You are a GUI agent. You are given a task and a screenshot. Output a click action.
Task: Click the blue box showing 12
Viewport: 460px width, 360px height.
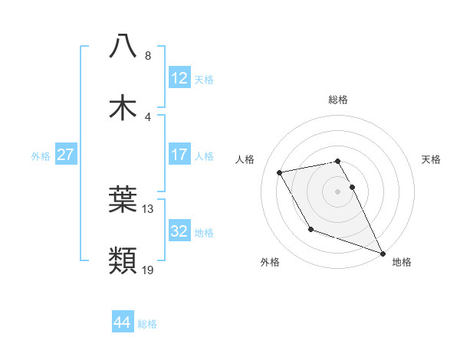click(x=179, y=77)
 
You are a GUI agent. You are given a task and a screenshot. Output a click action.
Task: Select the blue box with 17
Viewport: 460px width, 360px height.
click(x=179, y=154)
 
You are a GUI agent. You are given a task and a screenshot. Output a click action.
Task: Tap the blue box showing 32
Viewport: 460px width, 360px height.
click(x=179, y=231)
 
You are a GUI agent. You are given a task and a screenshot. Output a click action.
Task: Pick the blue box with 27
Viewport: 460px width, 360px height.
click(x=65, y=155)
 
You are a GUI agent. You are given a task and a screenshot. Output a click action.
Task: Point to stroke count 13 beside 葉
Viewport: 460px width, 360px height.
click(x=148, y=208)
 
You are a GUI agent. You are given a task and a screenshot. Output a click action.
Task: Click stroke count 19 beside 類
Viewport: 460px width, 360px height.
click(x=148, y=270)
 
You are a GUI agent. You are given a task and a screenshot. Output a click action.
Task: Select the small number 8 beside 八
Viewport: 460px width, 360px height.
click(x=148, y=55)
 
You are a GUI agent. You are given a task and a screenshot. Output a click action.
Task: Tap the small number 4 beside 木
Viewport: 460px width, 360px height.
click(x=148, y=116)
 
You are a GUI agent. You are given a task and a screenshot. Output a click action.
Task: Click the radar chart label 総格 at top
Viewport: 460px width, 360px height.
click(x=338, y=100)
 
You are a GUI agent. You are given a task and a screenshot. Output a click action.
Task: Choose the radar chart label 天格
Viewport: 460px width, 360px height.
click(x=432, y=159)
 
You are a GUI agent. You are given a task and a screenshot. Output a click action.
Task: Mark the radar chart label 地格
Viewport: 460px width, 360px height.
click(x=402, y=262)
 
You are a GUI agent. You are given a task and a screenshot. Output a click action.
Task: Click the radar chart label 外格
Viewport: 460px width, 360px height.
click(x=270, y=262)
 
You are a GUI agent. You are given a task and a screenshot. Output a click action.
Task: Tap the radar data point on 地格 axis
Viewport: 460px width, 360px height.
click(x=383, y=253)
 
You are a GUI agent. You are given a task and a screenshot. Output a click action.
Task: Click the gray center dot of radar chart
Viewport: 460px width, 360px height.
click(x=338, y=191)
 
